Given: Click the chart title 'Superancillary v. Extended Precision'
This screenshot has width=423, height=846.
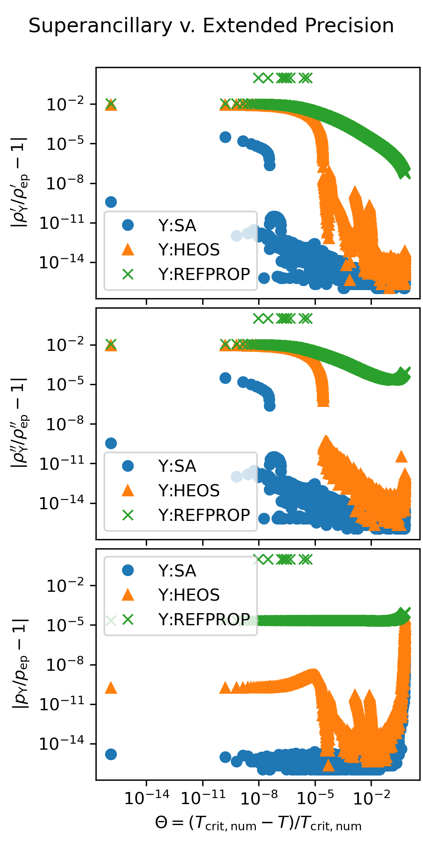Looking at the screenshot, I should click(211, 26).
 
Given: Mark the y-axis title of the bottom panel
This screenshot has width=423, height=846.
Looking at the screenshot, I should click(20, 664).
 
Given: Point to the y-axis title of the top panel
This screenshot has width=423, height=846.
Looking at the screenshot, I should click(20, 182).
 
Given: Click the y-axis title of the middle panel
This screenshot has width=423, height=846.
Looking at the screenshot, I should click(20, 423).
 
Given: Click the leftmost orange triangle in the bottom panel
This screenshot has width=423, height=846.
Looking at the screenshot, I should click(111, 688).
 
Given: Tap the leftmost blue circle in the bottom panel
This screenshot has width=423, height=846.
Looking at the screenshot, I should click(111, 754).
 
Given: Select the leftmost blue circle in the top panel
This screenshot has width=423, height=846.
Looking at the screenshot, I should click(111, 202).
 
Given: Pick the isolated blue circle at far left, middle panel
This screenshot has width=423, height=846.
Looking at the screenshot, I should click(111, 443).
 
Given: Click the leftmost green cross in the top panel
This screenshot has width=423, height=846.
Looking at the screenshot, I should click(111, 103).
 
